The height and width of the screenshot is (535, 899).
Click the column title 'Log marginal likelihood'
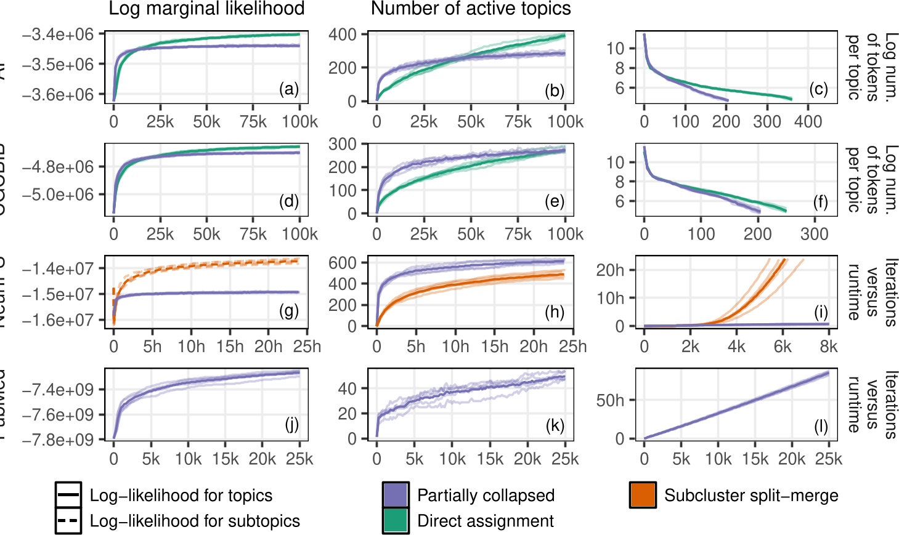coord(206,9)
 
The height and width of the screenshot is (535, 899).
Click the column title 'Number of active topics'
coord(471,9)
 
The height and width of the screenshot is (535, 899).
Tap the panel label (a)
coord(288,89)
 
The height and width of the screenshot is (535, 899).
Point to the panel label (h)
coord(555,312)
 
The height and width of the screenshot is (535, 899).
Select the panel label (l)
coord(821,426)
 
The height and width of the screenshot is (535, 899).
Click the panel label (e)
coord(555,201)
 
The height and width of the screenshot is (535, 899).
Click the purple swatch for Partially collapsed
coord(396,495)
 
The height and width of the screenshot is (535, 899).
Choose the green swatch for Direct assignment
coord(396,521)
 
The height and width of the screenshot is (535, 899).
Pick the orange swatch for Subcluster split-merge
coord(643,495)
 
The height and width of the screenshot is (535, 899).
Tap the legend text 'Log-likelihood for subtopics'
coord(195,521)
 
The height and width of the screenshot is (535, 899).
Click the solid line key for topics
coord(68,495)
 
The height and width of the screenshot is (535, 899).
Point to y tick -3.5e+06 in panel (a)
coord(58,65)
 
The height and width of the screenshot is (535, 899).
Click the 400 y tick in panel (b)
coord(343,34)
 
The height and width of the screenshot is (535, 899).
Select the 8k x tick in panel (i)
coord(829,347)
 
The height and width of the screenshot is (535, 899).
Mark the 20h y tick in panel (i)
coord(610,270)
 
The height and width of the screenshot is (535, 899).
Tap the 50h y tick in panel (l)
coord(610,401)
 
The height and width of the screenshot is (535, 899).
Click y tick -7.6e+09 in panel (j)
coord(58,415)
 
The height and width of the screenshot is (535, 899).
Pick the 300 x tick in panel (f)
coord(815,234)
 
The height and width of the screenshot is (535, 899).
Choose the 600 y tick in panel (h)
coord(343,263)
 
